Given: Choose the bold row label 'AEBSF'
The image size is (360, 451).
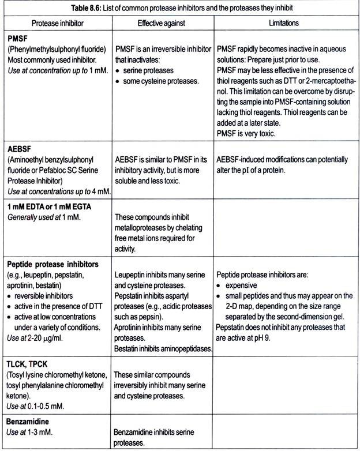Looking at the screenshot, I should click(x=19, y=148).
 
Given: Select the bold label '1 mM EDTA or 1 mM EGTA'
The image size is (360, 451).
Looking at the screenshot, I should click(x=50, y=206).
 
